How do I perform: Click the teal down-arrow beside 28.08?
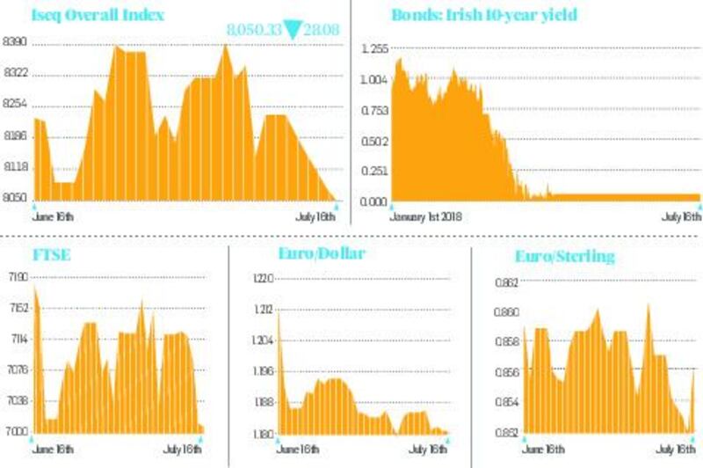click(x=290, y=31)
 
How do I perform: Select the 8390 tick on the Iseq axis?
click(x=15, y=42)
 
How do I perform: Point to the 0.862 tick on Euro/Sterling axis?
click(x=503, y=283)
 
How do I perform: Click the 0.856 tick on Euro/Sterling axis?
click(x=503, y=372)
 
